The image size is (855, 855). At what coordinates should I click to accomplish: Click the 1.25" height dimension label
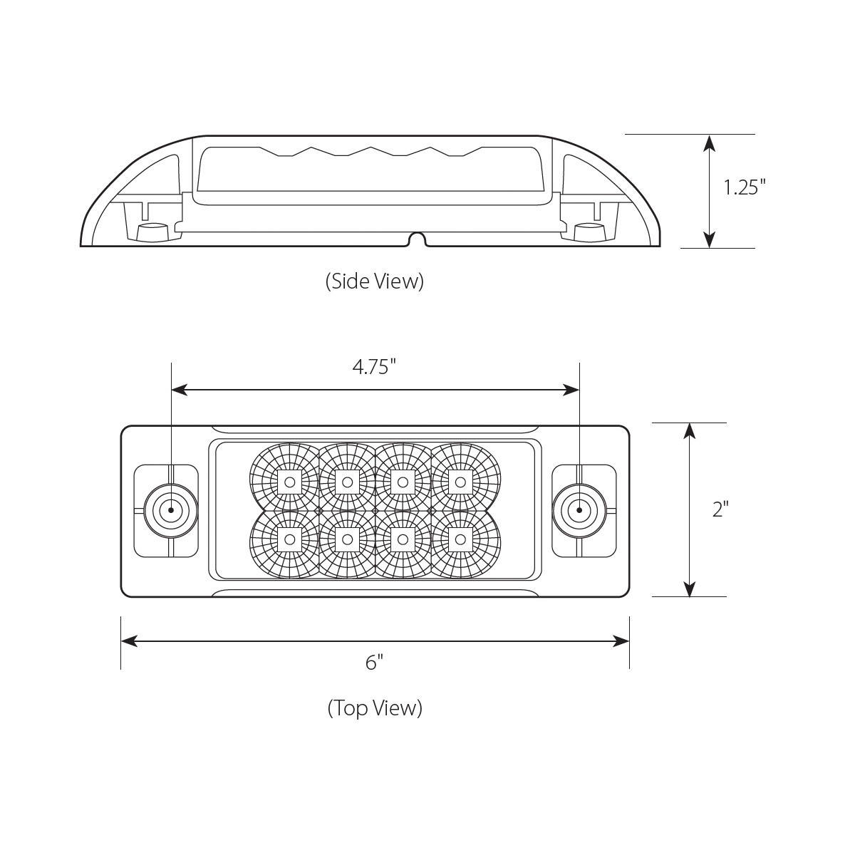click(x=744, y=188)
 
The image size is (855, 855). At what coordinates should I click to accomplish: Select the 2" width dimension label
click(x=720, y=509)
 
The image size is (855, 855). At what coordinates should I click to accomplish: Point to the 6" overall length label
click(x=375, y=663)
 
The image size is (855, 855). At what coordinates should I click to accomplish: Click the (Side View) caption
click(x=375, y=281)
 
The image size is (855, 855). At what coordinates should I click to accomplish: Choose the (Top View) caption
click(x=375, y=708)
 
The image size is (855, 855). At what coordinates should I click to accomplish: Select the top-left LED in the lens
click(x=289, y=482)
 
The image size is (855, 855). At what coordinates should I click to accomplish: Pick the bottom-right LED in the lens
click(x=460, y=539)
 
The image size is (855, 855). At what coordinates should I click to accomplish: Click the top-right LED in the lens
click(x=460, y=482)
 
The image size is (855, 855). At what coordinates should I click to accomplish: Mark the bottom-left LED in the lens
click(x=289, y=539)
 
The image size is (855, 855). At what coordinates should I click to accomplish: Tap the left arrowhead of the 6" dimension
click(x=129, y=641)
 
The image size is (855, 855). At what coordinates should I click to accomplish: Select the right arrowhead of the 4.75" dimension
click(x=571, y=390)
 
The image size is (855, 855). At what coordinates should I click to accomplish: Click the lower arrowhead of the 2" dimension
click(x=689, y=589)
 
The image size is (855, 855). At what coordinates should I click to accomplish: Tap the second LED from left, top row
click(x=347, y=482)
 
